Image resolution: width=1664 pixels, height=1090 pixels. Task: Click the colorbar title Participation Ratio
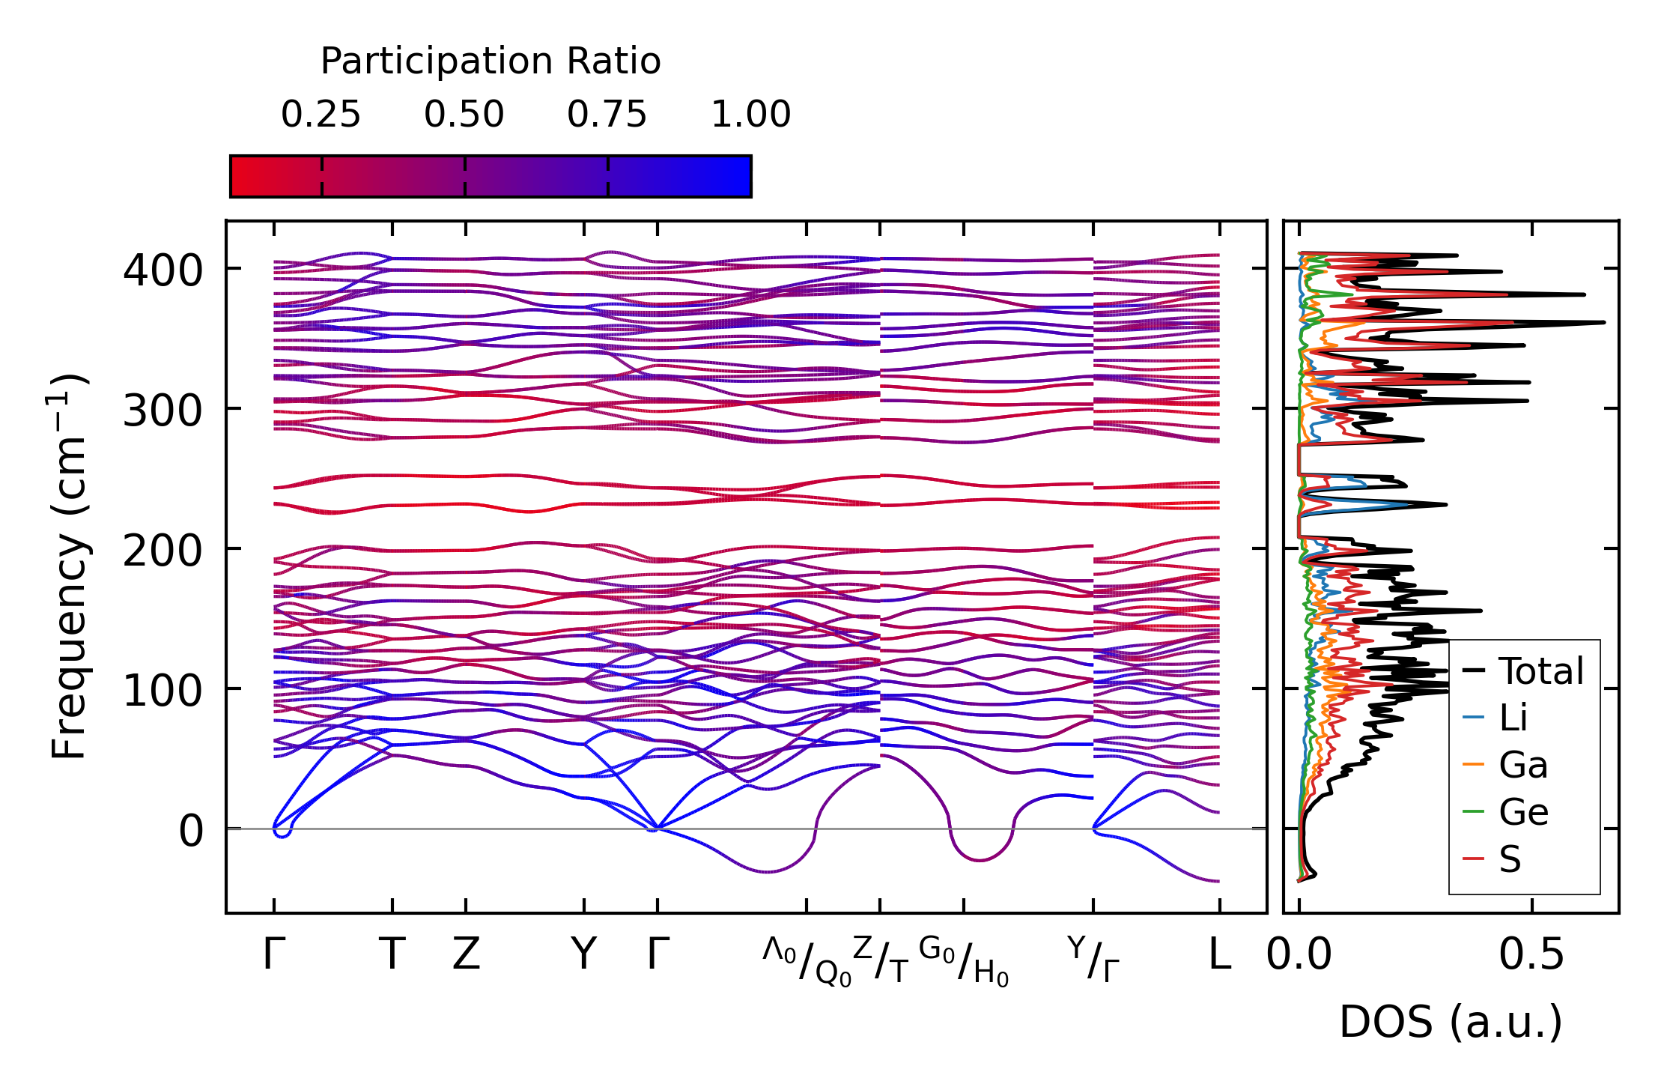[x=491, y=61]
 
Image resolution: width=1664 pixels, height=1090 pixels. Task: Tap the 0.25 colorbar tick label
[x=321, y=115]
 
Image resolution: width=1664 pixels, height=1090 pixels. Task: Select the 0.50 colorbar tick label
[x=464, y=115]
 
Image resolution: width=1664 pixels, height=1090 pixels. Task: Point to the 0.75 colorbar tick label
[x=607, y=115]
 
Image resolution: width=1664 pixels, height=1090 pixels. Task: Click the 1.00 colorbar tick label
[x=750, y=115]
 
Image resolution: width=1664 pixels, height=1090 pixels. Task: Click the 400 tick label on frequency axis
[x=163, y=270]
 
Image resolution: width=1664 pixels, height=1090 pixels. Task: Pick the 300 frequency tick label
[x=163, y=410]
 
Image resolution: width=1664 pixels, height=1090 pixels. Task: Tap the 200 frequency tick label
[x=163, y=550]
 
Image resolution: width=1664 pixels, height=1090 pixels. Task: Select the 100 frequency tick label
[x=163, y=690]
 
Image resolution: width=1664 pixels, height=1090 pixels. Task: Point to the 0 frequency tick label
[x=191, y=830]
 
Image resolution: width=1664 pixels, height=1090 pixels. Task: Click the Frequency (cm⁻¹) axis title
[x=70, y=566]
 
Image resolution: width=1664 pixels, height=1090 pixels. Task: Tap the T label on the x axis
[x=392, y=954]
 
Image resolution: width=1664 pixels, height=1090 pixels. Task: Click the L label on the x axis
[x=1219, y=954]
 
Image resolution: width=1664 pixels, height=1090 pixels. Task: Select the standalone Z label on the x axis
[x=466, y=954]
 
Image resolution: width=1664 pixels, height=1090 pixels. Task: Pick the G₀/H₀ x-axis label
[x=964, y=960]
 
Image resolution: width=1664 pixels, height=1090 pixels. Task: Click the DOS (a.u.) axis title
[x=1451, y=1022]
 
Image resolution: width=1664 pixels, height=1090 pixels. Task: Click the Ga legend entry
[x=1522, y=765]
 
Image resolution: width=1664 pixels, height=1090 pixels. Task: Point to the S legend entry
[x=1510, y=859]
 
